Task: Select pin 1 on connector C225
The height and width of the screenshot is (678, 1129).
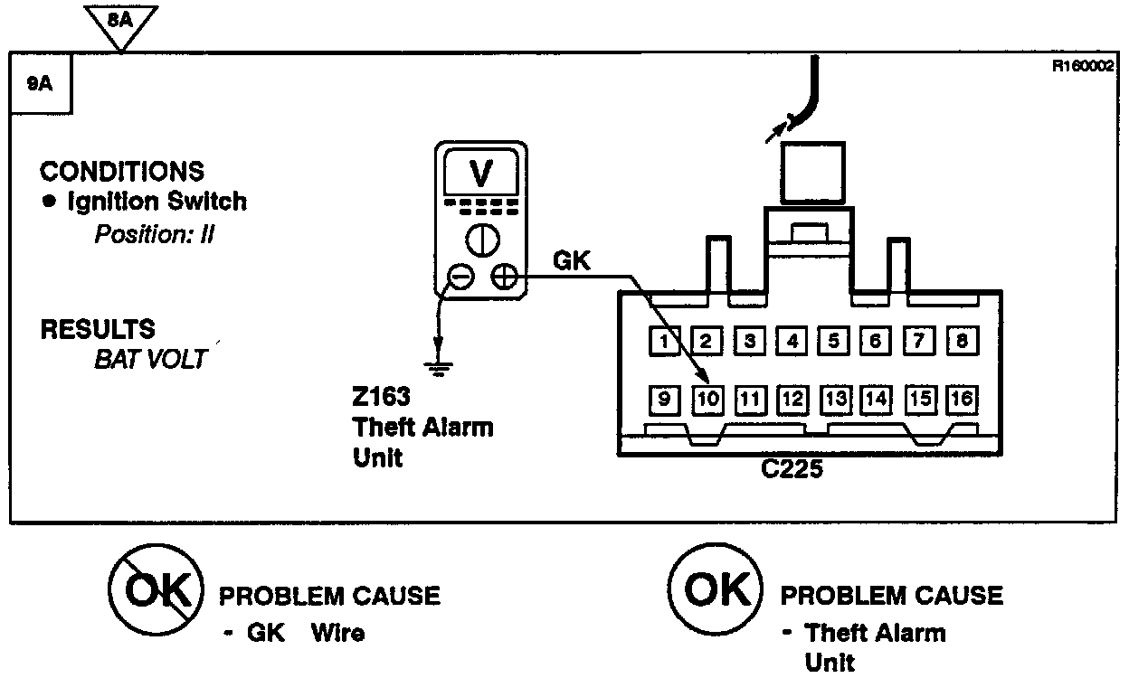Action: tap(665, 341)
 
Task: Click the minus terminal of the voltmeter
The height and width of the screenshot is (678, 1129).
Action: tap(460, 277)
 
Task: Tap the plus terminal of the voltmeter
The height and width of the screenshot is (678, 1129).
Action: tap(503, 277)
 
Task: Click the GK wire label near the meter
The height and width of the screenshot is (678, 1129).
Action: tap(571, 262)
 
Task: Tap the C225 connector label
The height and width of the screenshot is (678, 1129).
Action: tap(792, 470)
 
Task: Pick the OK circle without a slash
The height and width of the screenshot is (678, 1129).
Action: tap(713, 590)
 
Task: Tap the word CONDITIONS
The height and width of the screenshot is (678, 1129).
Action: tap(122, 171)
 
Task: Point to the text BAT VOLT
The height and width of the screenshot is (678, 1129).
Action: tap(150, 358)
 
